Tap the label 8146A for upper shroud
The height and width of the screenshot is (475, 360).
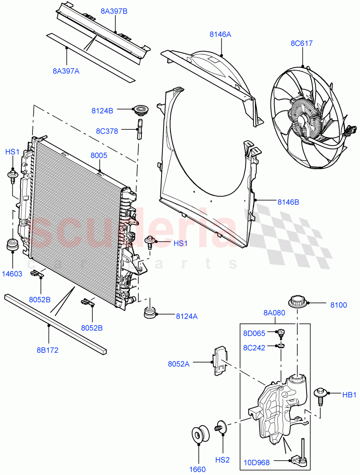click(x=220, y=34)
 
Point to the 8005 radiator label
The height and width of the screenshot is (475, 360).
click(x=99, y=156)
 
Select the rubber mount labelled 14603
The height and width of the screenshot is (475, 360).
click(x=13, y=245)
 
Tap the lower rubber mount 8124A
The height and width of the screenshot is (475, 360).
click(x=149, y=313)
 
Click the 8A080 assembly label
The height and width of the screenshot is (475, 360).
click(x=274, y=313)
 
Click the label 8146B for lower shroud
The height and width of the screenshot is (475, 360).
click(x=288, y=202)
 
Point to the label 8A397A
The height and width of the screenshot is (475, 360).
click(x=66, y=71)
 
